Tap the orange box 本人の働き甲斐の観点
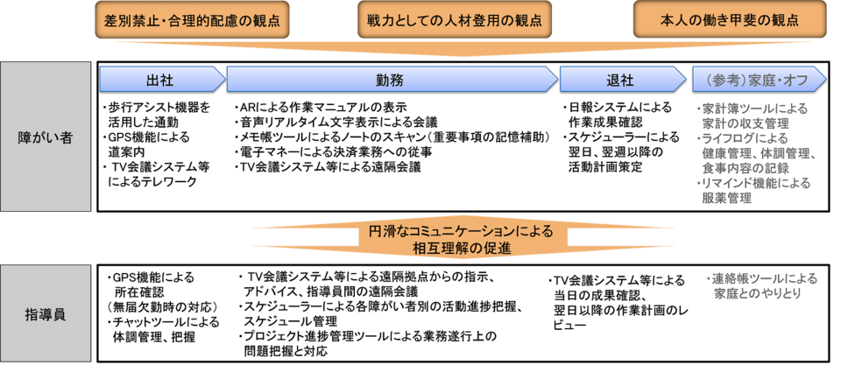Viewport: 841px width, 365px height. (x=729, y=18)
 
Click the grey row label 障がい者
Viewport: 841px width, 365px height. (x=46, y=137)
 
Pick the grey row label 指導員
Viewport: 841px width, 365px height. (x=46, y=312)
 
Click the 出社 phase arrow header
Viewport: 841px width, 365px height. (x=160, y=79)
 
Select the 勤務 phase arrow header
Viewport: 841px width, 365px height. (x=390, y=79)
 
